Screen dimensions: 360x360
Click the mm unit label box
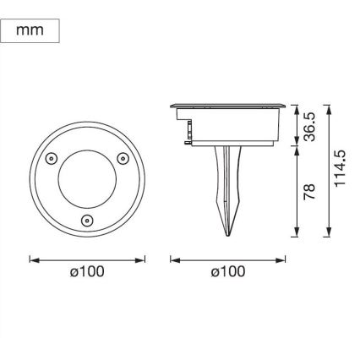point(30,31)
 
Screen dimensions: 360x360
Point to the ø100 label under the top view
point(87,273)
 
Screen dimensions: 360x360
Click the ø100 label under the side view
point(228,273)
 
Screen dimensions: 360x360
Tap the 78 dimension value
point(309,192)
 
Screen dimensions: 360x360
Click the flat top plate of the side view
point(228,107)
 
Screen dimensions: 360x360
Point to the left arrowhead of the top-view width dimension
point(32,259)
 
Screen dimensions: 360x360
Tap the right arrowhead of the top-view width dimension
point(143,259)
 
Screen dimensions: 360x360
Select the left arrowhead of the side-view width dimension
point(173,259)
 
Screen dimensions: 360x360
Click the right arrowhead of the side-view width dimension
point(283,259)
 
